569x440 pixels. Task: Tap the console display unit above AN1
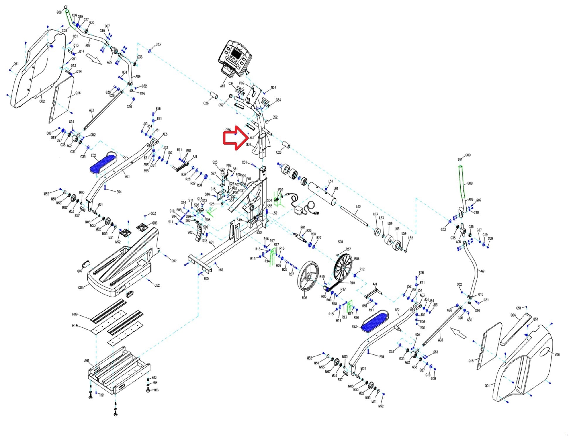click(235, 57)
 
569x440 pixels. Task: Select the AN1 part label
click(222, 86)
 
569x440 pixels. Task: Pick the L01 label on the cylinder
click(336, 189)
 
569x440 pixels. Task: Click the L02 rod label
click(358, 207)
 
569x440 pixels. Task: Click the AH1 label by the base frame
click(87, 361)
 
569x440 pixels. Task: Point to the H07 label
click(75, 314)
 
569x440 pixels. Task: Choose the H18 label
click(75, 326)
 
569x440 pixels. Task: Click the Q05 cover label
click(81, 288)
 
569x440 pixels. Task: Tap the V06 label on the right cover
click(557, 355)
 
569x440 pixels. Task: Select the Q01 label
click(487, 386)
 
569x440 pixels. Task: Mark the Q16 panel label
click(78, 93)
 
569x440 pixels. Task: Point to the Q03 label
click(248, 145)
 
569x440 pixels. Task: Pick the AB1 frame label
click(211, 243)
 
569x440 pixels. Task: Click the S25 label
click(215, 162)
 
